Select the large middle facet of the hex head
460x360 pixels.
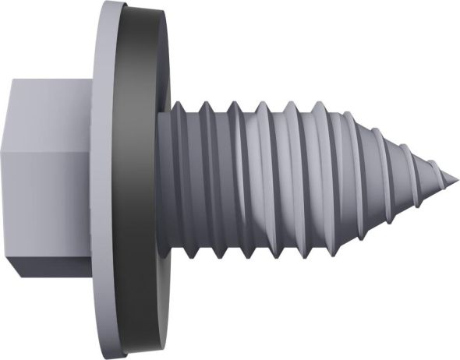coord(55,195)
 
